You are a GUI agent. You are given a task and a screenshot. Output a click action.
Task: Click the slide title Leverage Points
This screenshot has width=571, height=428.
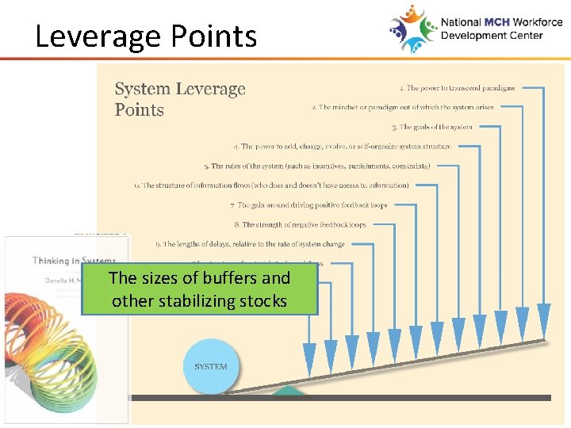146,36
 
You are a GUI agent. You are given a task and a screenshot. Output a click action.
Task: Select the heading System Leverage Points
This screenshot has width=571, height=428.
180,99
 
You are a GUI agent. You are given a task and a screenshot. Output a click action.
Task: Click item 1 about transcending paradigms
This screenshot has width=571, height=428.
457,88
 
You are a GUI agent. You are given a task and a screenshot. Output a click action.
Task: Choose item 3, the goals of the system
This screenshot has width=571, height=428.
431,127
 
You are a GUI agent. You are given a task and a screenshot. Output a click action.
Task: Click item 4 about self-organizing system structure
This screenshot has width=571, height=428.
343,147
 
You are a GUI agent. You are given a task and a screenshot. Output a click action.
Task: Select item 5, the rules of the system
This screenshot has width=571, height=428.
316,166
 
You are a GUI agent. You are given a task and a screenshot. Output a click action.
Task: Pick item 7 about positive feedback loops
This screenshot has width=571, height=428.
308,205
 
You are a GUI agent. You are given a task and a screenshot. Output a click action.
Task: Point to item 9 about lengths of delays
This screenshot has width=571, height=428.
250,244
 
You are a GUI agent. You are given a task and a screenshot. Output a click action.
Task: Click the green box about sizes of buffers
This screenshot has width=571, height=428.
199,289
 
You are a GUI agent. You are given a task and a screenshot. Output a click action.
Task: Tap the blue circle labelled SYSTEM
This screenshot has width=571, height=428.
210,366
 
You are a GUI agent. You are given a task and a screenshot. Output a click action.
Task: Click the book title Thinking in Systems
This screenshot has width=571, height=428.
74,261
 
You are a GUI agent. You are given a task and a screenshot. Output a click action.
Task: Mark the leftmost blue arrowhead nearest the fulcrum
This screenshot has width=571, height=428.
309,355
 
